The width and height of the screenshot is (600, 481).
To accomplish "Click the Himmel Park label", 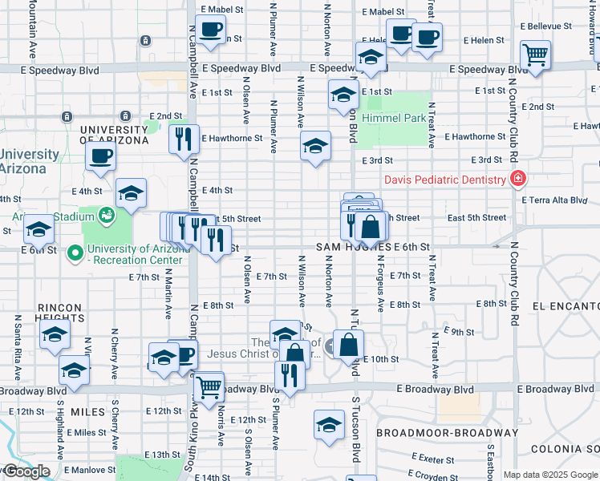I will point(394,118).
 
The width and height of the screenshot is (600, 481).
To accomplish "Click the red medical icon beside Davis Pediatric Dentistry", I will point(519,178).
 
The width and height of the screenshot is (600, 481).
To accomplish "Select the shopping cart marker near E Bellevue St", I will point(535,55).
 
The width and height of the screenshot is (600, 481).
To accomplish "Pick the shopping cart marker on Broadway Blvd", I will point(209,387).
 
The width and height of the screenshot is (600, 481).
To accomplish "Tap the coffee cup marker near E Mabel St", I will point(211,30).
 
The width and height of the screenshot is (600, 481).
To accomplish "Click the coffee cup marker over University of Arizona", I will point(101,156).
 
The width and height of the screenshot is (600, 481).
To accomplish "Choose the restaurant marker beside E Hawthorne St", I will point(184,139).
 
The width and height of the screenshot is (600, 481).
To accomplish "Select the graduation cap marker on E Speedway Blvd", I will point(370,58).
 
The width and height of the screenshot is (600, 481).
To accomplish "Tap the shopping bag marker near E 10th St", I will point(349,346).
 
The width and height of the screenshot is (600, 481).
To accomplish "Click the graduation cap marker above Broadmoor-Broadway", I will point(329,425).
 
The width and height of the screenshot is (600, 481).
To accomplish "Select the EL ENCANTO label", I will point(565,306).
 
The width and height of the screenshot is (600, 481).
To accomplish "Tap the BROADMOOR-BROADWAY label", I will point(436,433).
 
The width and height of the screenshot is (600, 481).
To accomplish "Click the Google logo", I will point(26,471).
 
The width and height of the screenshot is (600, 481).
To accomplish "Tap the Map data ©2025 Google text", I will point(550,475).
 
